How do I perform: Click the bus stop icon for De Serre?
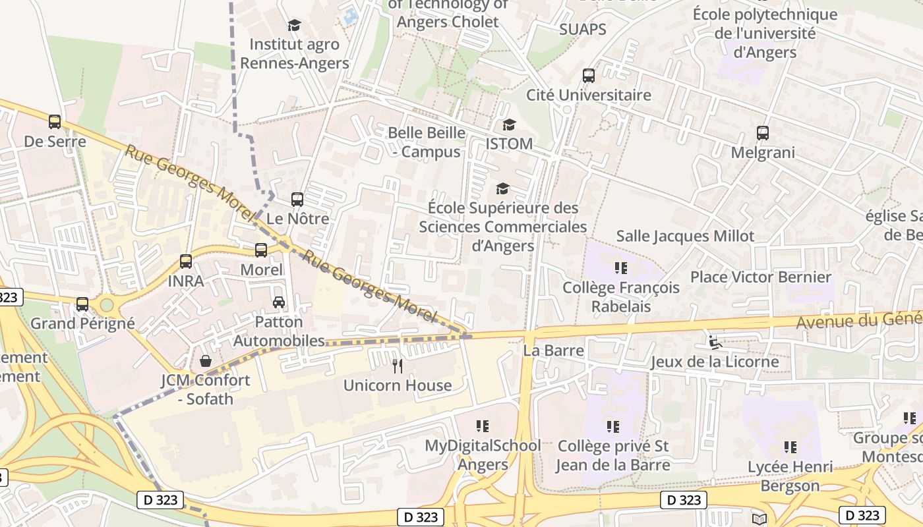pyautogui.click(x=55, y=122)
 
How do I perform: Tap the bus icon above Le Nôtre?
pyautogui.click(x=297, y=199)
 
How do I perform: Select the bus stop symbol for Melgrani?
pyautogui.click(x=763, y=133)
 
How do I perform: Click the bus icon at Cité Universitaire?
pyautogui.click(x=589, y=76)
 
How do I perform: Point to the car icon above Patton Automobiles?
pyautogui.click(x=279, y=302)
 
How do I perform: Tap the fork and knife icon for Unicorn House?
pyautogui.click(x=398, y=366)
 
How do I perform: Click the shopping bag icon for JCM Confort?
pyautogui.click(x=206, y=361)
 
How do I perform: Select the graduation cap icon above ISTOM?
pyautogui.click(x=509, y=125)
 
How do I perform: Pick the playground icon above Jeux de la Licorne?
pyautogui.click(x=715, y=342)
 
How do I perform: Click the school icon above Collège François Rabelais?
pyautogui.click(x=620, y=268)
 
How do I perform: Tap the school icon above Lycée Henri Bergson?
pyautogui.click(x=790, y=448)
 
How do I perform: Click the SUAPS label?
pyautogui.click(x=583, y=29)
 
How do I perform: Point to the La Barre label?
pyautogui.click(x=554, y=350)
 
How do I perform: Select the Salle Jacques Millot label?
pyautogui.click(x=685, y=236)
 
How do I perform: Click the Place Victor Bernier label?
pyautogui.click(x=761, y=277)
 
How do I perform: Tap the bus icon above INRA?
pyautogui.click(x=186, y=262)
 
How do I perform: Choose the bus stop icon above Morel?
pyautogui.click(x=261, y=250)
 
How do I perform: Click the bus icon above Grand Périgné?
pyautogui.click(x=82, y=304)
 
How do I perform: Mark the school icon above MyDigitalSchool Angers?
pyautogui.click(x=483, y=426)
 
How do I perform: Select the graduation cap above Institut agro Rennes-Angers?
pyautogui.click(x=294, y=26)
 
